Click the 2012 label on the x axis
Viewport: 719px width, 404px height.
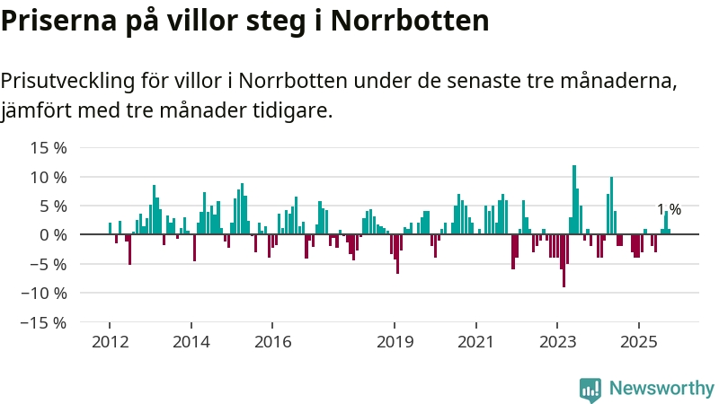pyautogui.click(x=110, y=342)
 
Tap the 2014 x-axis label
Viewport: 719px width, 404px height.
pyautogui.click(x=191, y=342)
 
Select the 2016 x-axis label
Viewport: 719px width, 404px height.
pyautogui.click(x=273, y=342)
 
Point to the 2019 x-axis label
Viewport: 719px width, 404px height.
pyautogui.click(x=395, y=342)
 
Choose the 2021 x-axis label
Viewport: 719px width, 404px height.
pyautogui.click(x=475, y=342)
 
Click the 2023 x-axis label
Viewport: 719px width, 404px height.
pyautogui.click(x=557, y=342)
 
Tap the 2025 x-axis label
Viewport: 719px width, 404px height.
pyautogui.click(x=639, y=342)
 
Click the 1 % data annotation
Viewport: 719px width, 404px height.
pyautogui.click(x=669, y=210)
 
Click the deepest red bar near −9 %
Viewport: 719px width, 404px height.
pyautogui.click(x=564, y=260)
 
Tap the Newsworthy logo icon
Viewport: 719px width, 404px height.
pyautogui.click(x=590, y=389)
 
